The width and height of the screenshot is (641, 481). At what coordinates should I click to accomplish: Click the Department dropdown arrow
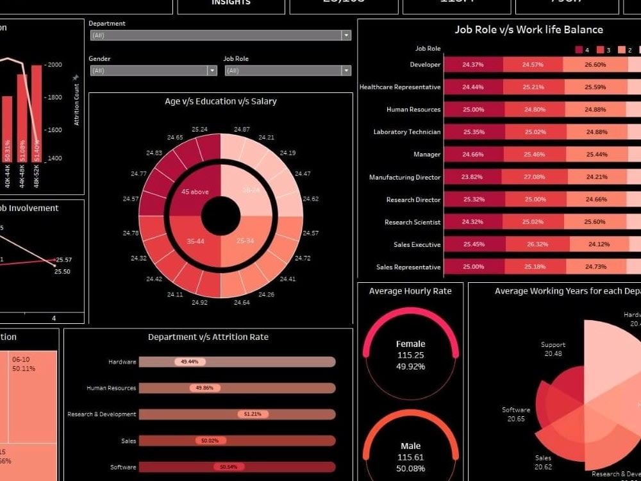tap(346, 36)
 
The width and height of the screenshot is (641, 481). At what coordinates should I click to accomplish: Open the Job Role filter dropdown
tap(288, 71)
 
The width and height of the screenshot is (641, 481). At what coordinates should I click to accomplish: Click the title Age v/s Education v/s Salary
tap(221, 101)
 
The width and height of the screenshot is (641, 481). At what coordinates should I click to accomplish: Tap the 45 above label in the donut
tap(194, 192)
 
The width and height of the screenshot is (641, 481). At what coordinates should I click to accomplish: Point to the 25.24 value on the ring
tap(199, 130)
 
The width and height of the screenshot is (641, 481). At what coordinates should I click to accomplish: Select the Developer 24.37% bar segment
tap(472, 65)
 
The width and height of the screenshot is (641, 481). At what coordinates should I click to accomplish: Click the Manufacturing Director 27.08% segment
tap(533, 177)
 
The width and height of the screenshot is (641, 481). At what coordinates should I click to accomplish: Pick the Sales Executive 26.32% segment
tap(538, 244)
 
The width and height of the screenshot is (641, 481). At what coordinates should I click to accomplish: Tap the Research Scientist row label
tap(412, 223)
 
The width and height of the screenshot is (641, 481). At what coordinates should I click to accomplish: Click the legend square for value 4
tap(579, 50)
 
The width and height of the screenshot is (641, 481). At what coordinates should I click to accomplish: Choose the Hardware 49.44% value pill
tap(190, 362)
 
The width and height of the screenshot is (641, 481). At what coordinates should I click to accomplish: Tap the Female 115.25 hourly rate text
tap(410, 355)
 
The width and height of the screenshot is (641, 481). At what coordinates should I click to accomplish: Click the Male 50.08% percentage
tap(410, 468)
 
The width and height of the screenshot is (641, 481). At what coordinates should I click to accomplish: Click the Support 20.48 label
tap(553, 349)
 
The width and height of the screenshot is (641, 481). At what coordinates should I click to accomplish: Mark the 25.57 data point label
tap(64, 260)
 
